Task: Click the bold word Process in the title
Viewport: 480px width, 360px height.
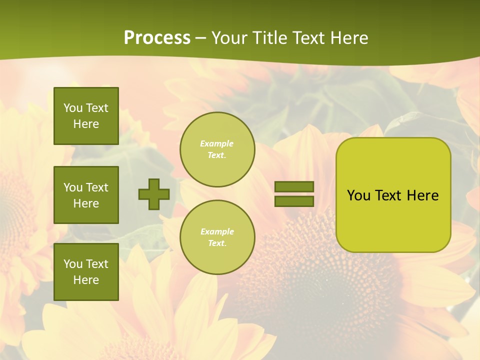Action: coord(157,38)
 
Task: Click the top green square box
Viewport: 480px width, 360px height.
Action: coord(86,116)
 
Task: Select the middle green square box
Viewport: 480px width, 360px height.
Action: coord(86,195)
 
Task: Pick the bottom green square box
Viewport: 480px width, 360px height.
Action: coord(86,272)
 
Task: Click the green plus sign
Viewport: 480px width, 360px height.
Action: coord(154,194)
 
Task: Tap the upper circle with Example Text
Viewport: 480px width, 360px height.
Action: coord(217,149)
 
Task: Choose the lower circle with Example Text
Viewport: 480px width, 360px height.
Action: coord(217,237)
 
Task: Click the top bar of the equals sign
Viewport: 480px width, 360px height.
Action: coord(294,187)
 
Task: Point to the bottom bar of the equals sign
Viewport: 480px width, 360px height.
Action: coord(294,201)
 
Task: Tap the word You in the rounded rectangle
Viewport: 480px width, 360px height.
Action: coord(358,195)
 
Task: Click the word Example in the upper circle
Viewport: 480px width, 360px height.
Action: coord(217,143)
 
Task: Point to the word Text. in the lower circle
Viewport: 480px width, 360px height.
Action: coord(217,243)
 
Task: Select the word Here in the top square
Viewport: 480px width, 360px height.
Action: coord(86,124)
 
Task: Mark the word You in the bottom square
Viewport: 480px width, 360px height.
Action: coord(73,264)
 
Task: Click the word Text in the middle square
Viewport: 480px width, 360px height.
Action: coord(97,187)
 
